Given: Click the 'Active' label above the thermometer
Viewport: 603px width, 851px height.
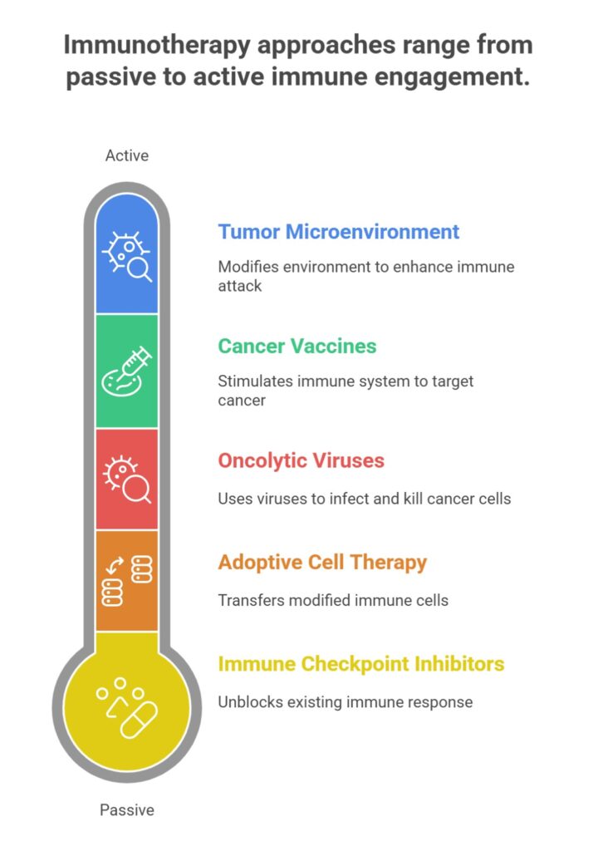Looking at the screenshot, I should point(126,155).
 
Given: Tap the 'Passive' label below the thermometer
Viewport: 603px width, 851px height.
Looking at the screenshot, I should point(126,809).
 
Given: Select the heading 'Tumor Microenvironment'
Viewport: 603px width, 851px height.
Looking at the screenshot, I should point(338,232).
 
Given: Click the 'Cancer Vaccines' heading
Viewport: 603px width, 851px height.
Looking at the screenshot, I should point(297,346).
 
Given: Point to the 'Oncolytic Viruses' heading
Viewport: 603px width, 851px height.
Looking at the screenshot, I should point(301,460).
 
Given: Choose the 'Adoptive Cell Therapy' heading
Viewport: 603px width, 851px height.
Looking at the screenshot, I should point(322,563).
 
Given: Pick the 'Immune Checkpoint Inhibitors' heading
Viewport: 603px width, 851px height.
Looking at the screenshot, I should point(360,664).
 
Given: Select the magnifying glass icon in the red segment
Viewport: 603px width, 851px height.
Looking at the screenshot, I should point(135,487).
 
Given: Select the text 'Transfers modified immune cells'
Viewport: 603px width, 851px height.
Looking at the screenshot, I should point(333,600).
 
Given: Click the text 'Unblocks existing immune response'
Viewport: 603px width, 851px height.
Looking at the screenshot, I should point(345,702).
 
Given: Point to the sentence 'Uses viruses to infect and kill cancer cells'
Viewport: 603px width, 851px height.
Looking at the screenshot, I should point(365,499).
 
